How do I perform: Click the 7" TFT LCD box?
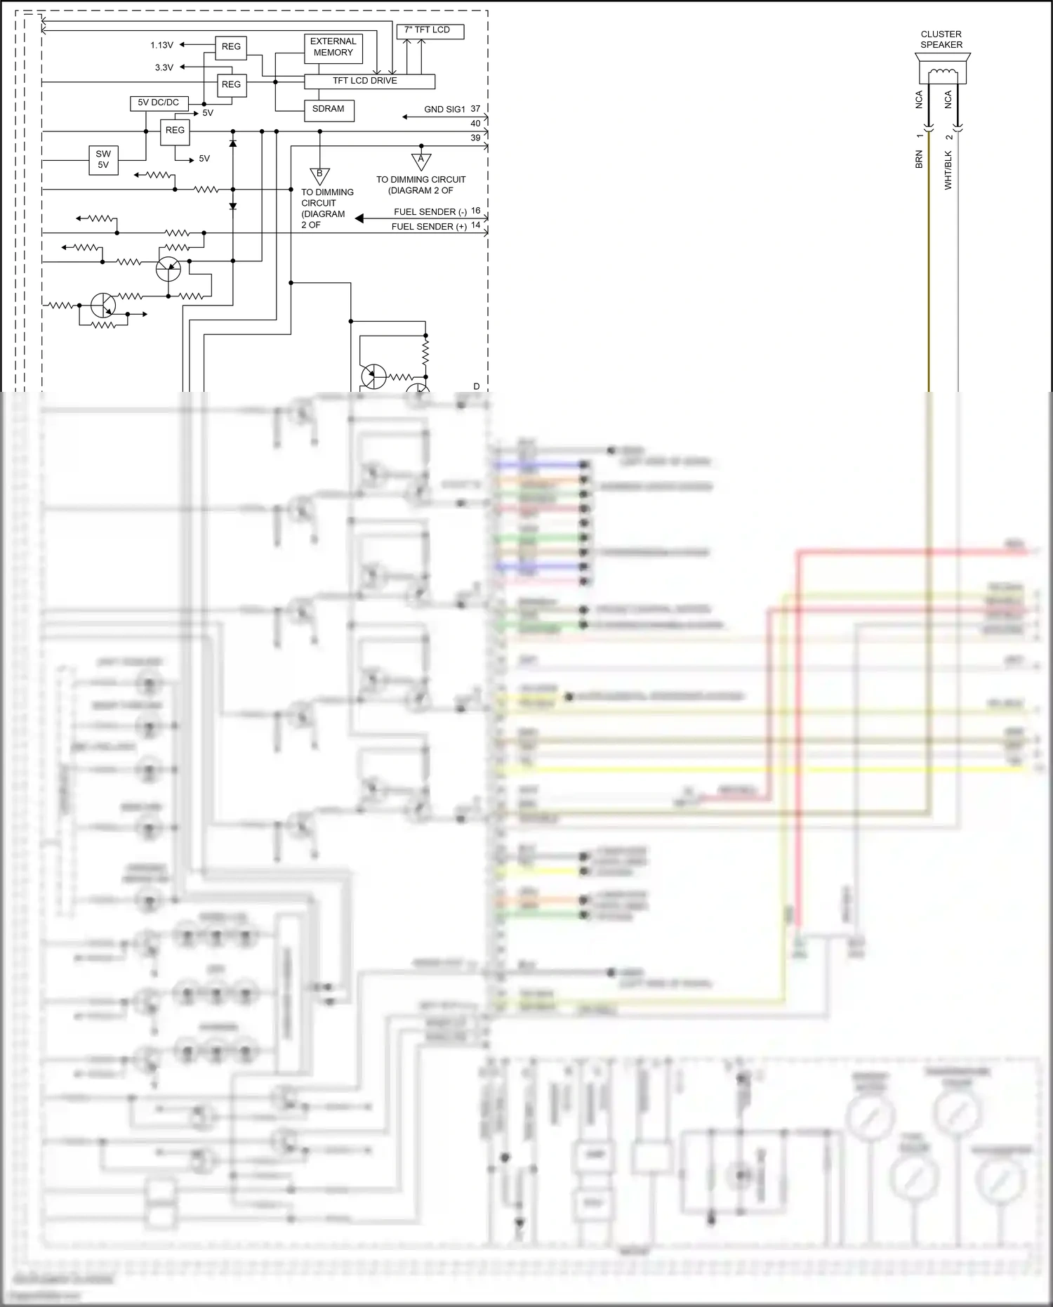tap(431, 31)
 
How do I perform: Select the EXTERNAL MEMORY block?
tap(333, 47)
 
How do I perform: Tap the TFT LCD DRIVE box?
tap(369, 81)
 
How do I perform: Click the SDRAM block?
tap(329, 110)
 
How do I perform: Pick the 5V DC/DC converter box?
tap(159, 103)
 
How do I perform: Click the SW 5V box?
tap(103, 159)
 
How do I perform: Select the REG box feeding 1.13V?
tap(231, 47)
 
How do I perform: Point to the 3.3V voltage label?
tap(164, 68)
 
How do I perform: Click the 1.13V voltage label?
tap(161, 46)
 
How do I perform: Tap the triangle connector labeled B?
tap(319, 175)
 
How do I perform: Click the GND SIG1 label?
tap(444, 110)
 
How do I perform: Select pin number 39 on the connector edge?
tap(475, 138)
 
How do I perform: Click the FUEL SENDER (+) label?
tap(429, 227)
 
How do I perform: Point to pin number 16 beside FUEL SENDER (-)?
tap(476, 211)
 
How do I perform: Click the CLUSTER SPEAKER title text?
tap(941, 39)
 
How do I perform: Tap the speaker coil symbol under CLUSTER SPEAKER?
tap(942, 74)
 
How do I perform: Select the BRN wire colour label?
tap(919, 159)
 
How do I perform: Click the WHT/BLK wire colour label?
tap(948, 170)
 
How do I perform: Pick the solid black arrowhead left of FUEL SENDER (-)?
tap(359, 218)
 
